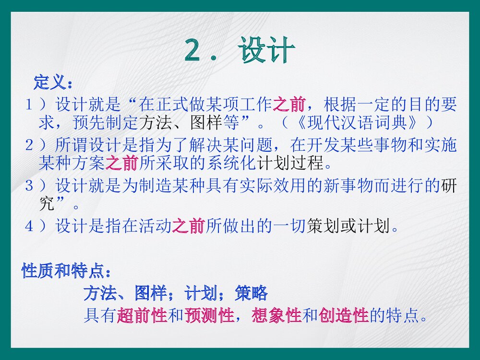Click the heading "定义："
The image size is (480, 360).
[53, 82]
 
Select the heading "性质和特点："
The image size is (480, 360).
[67, 272]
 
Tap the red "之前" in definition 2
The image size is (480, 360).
[121, 164]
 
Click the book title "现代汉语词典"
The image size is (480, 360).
[358, 122]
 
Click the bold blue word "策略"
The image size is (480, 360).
[251, 293]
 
